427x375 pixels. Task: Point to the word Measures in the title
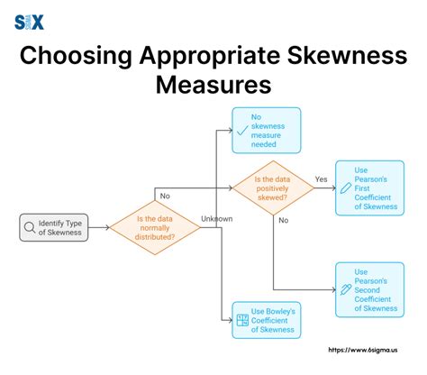point(213,87)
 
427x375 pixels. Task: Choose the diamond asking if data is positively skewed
point(276,187)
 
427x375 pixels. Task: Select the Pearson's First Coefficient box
point(368,187)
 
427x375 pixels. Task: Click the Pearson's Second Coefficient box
point(368,289)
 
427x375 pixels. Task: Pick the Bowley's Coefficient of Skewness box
point(266,321)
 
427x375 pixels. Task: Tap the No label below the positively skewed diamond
point(283,219)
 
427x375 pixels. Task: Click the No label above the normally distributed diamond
point(165,196)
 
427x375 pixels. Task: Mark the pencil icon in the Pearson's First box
point(345,187)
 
